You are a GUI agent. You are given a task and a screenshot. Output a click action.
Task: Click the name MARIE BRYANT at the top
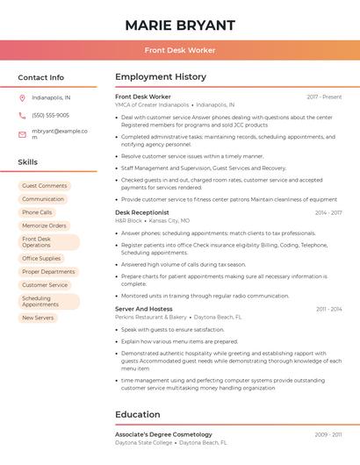[180, 25]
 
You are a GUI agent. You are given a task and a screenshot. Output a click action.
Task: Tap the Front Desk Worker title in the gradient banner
[180, 50]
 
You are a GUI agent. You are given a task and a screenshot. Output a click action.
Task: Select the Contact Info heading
[41, 77]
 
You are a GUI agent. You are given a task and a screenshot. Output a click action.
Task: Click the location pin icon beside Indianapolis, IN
[22, 98]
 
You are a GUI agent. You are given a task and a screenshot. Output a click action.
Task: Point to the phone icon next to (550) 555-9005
[22, 115]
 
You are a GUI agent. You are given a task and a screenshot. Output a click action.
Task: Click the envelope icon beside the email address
[22, 134]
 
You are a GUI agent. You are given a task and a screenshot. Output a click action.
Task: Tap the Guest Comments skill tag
[45, 186]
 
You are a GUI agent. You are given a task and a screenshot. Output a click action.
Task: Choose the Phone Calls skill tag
[37, 212]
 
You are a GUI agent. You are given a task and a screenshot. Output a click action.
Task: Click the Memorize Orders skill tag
[45, 225]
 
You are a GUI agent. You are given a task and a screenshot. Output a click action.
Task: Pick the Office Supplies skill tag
[41, 259]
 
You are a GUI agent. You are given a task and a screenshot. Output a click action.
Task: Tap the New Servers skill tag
[38, 318]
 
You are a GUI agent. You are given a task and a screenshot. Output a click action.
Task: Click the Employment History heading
[161, 77]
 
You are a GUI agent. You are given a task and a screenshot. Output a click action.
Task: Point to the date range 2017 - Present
[324, 97]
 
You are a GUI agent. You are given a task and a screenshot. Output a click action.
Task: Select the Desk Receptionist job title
[142, 212]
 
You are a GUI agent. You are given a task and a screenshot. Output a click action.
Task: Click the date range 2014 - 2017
[328, 212]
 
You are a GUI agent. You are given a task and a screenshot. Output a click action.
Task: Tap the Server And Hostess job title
[144, 309]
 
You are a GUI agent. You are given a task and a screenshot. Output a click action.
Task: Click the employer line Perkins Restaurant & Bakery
[151, 317]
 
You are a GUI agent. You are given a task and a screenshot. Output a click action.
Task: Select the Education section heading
[138, 414]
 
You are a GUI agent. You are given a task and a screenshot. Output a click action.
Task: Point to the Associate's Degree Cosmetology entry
[163, 434]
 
